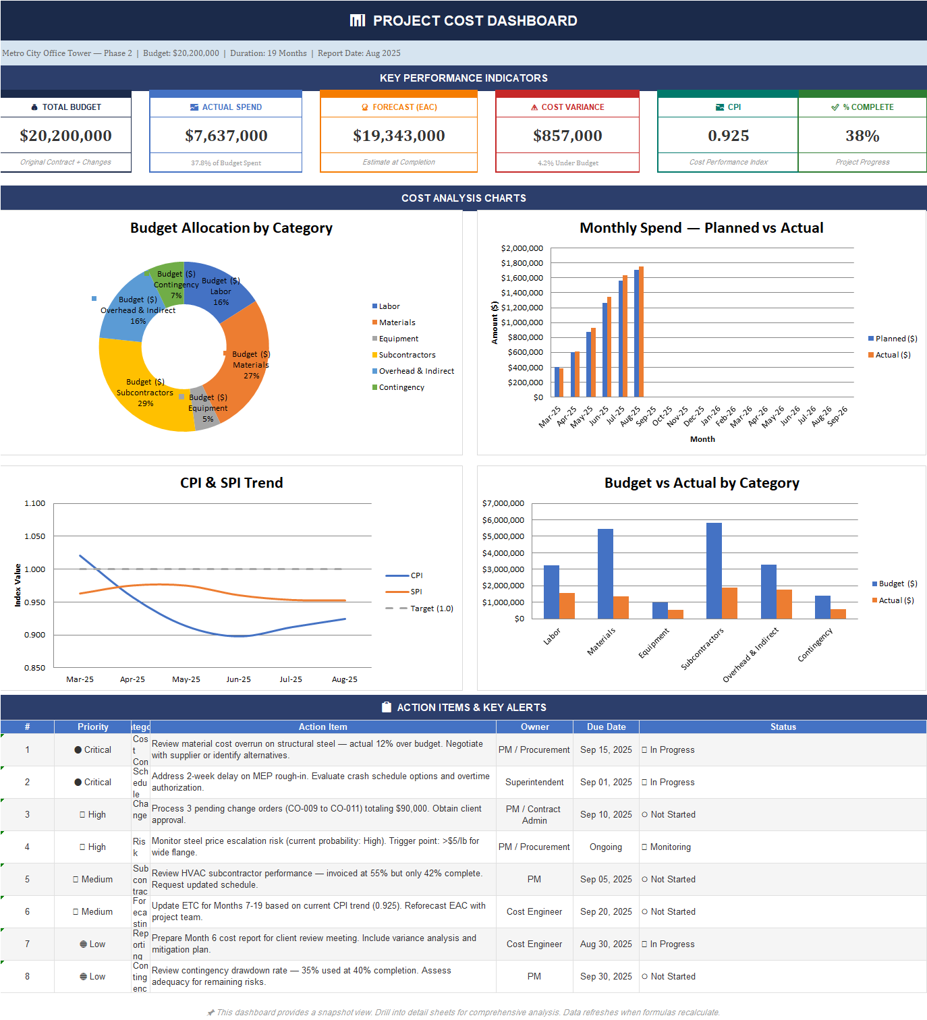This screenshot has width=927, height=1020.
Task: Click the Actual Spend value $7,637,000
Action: pos(226,136)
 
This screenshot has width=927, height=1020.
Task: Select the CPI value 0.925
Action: pos(728,136)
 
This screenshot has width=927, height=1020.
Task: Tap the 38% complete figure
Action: pos(862,136)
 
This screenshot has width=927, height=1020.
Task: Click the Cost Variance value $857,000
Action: pos(567,136)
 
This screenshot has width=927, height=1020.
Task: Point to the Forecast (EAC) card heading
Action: pos(399,107)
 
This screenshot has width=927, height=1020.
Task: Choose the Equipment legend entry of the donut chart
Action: pos(398,339)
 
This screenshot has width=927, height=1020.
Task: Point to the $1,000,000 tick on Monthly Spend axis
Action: pos(522,322)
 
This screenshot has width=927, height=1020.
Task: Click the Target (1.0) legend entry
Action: pos(431,608)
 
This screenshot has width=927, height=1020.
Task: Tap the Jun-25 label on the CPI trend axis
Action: pos(238,679)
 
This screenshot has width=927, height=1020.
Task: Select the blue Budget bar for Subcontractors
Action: pos(714,571)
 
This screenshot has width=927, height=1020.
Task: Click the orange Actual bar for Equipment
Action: pos(675,614)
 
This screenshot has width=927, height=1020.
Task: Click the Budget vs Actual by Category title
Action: pos(702,483)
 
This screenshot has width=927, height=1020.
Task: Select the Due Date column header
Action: pos(606,727)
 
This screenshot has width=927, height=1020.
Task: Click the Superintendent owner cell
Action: pos(534,783)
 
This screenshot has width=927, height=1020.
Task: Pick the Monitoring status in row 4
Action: pos(670,847)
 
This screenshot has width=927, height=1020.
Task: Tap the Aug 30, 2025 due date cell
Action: pos(606,944)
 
